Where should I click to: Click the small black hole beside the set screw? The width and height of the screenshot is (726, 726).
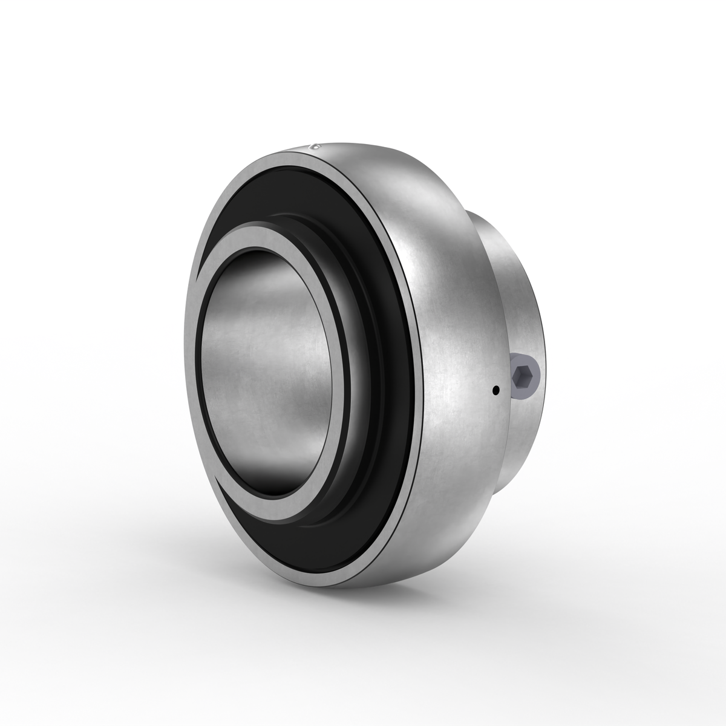[x=495, y=390]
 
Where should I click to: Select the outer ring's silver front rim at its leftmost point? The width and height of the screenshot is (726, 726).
[x=188, y=363]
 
